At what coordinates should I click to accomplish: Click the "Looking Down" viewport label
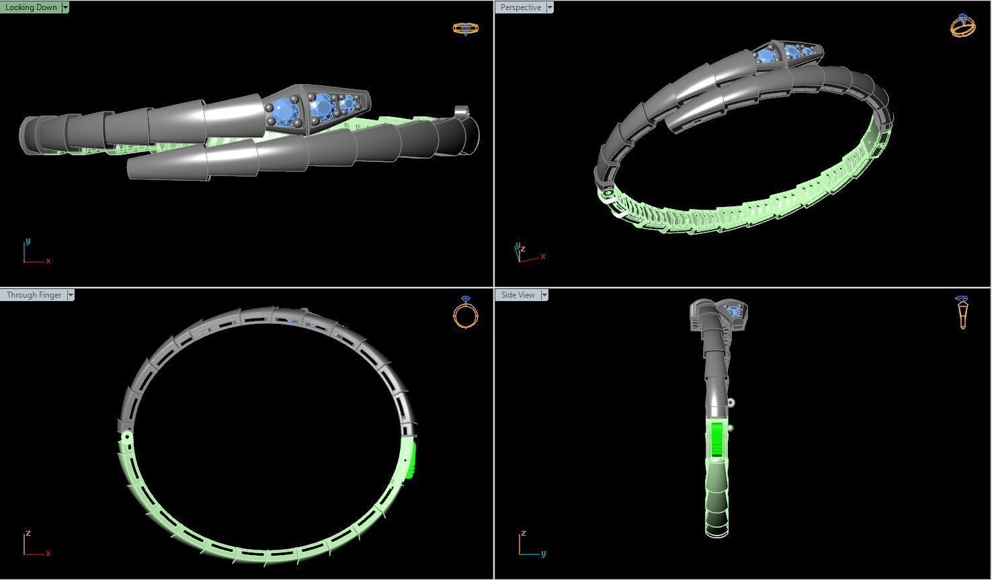[x=31, y=7]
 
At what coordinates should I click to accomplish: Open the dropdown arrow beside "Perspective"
[x=550, y=7]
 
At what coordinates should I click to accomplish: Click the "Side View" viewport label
[x=518, y=295]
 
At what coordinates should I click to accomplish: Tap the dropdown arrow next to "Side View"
[x=544, y=295]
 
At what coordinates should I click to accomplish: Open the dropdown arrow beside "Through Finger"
[x=71, y=295]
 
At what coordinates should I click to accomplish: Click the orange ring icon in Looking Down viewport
[x=465, y=29]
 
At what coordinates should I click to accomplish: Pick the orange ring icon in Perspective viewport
[x=962, y=26]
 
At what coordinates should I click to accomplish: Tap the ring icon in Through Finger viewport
[x=466, y=313]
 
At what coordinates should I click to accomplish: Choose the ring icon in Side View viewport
[x=962, y=313]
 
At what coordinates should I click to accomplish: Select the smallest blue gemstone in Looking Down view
[x=347, y=103]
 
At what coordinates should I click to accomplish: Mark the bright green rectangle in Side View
[x=716, y=440]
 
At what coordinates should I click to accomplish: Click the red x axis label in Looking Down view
[x=48, y=261]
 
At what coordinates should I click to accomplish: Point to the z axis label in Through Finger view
[x=28, y=534]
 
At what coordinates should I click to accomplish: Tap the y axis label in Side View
[x=543, y=554]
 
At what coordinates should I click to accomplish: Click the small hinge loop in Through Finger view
[x=126, y=437]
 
